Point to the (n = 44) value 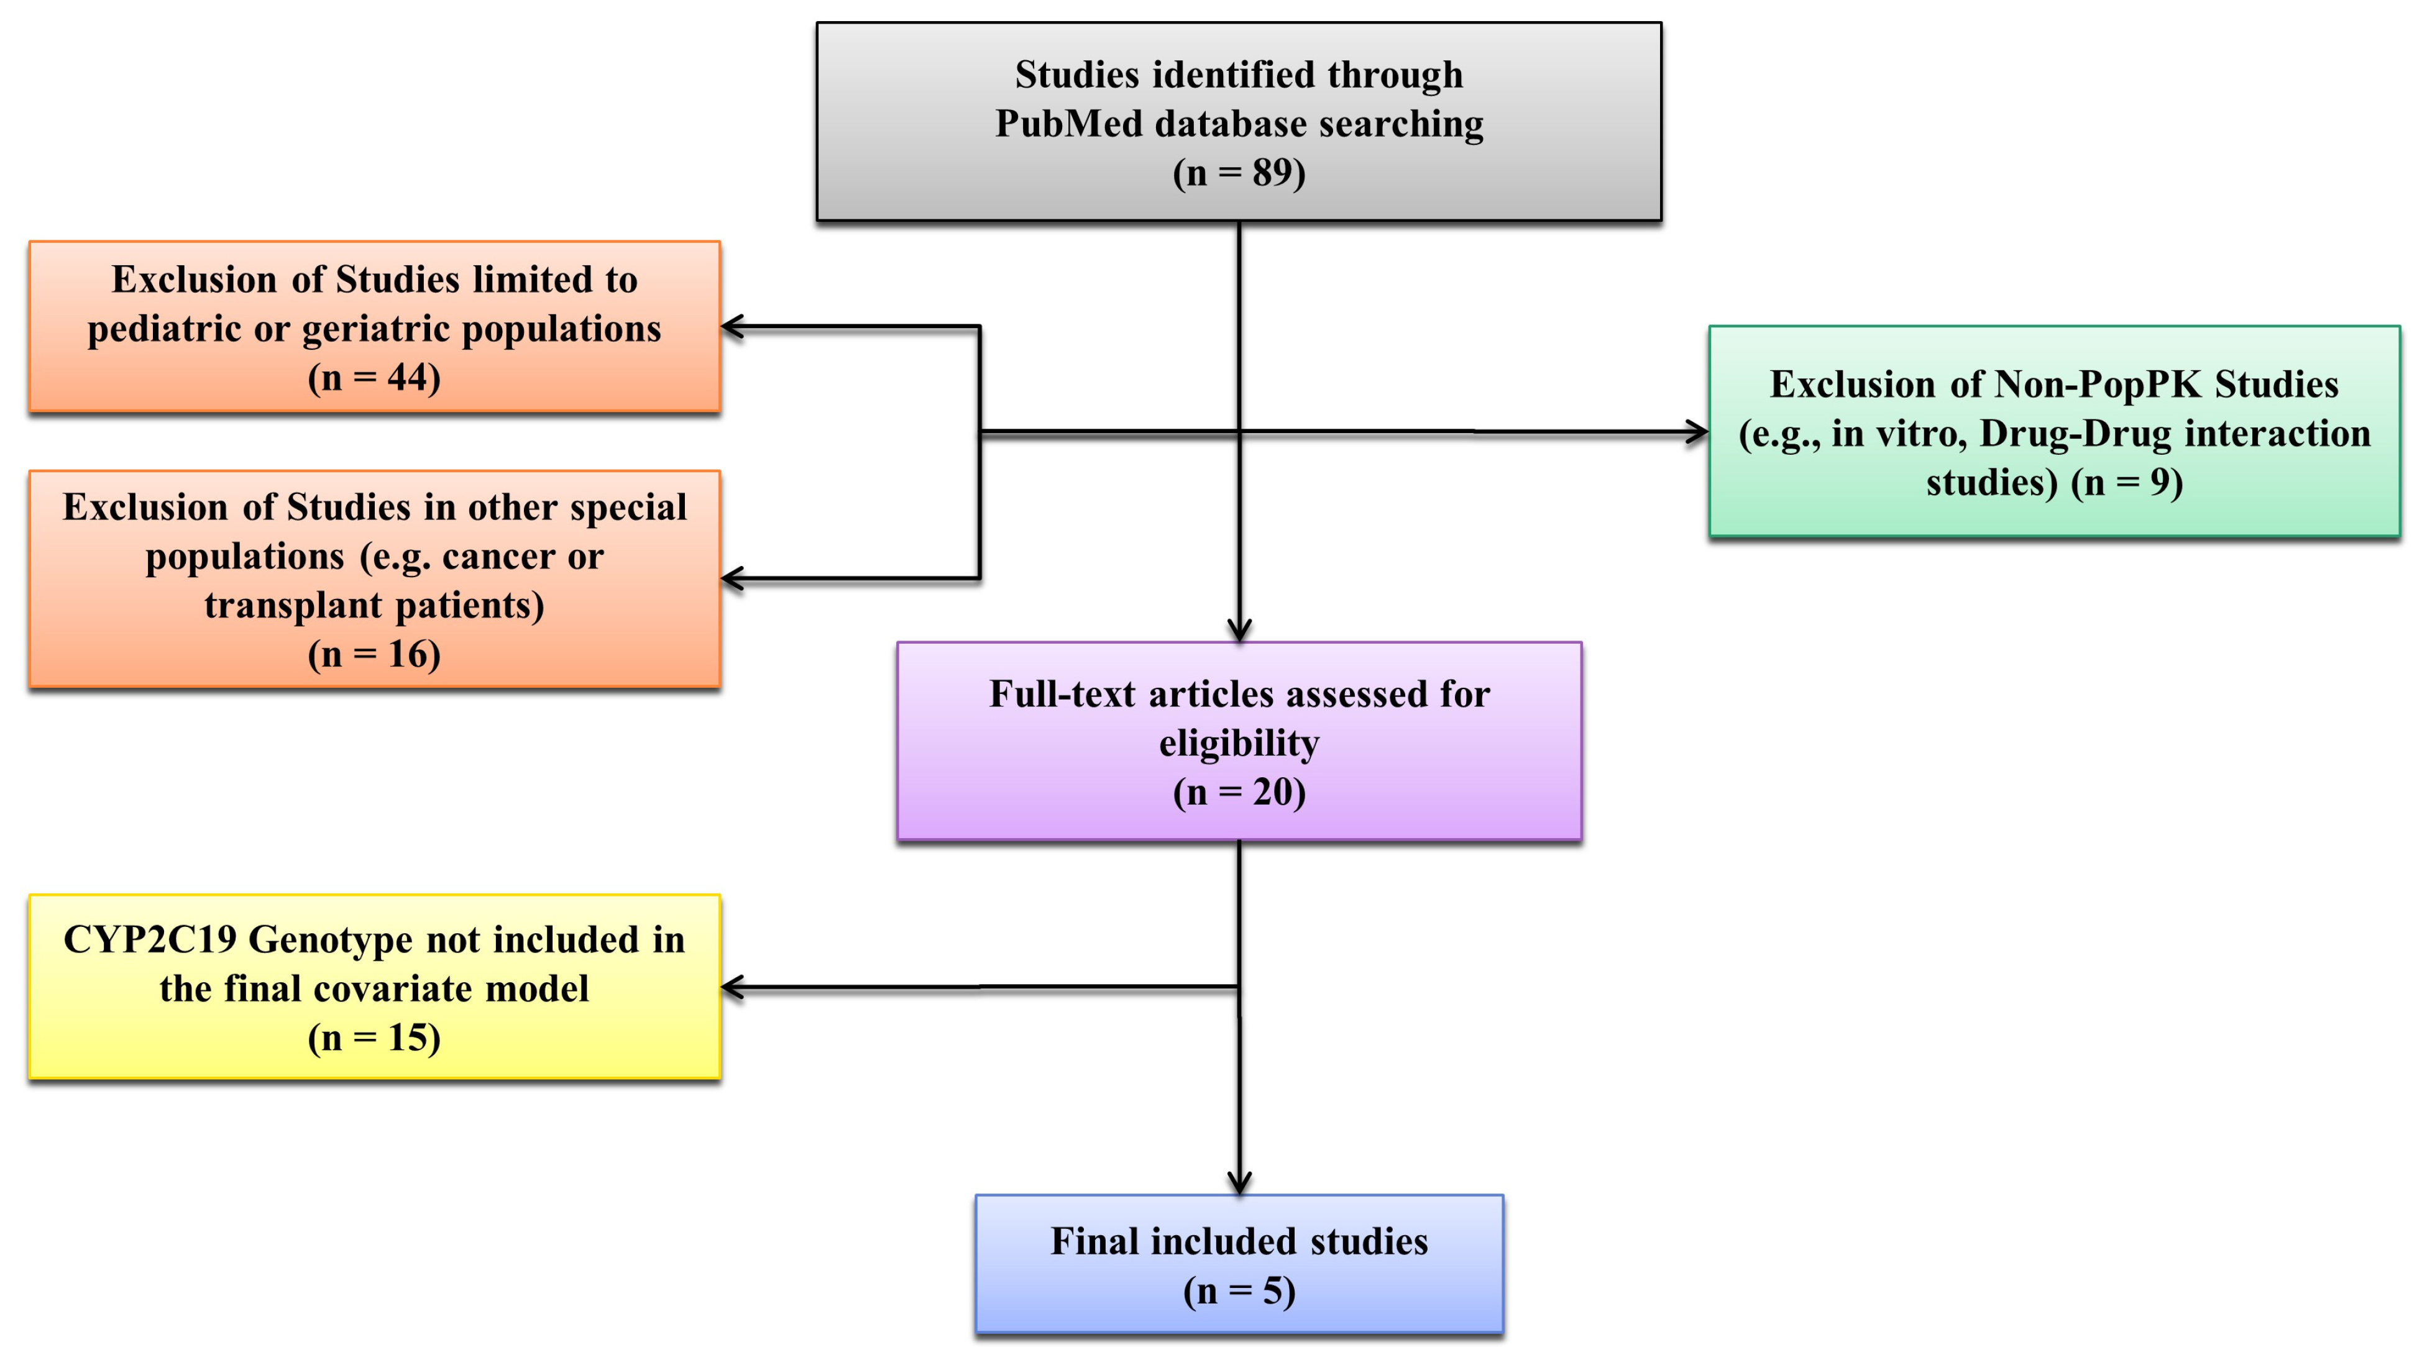(374, 378)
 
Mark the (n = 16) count (374, 654)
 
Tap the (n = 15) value (374, 1038)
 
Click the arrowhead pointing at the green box (1697, 432)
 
